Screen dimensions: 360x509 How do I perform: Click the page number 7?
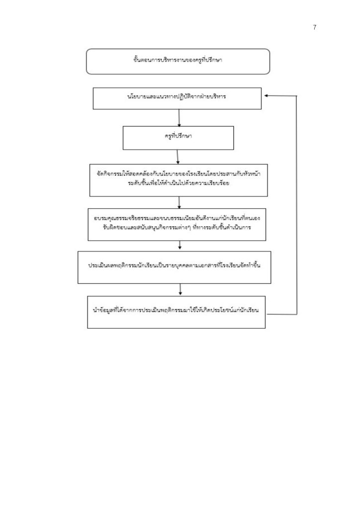(x=315, y=27)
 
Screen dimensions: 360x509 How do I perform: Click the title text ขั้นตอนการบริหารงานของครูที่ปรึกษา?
(x=178, y=60)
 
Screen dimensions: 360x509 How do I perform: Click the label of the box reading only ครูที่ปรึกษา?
(x=178, y=136)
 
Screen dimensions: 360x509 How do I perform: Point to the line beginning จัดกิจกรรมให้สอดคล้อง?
(x=179, y=173)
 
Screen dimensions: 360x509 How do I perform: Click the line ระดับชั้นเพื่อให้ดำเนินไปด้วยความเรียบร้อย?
(x=179, y=183)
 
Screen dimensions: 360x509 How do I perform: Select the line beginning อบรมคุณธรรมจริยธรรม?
(x=177, y=218)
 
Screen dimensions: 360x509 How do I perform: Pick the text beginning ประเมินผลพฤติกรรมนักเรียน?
(x=175, y=265)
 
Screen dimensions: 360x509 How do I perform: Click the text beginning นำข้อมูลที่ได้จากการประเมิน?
(x=176, y=310)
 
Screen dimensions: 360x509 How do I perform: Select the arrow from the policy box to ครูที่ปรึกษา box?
(x=179, y=117)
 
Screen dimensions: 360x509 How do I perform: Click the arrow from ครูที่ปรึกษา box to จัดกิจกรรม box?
(x=178, y=157)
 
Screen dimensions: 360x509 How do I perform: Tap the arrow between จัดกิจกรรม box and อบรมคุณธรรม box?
(x=179, y=202)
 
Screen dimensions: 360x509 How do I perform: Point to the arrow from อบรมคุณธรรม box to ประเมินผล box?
(x=180, y=245)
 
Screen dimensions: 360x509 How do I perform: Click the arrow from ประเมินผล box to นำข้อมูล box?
(x=180, y=289)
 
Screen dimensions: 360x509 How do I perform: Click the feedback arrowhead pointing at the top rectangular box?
(x=266, y=96)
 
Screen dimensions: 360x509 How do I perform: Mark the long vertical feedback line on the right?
(x=296, y=205)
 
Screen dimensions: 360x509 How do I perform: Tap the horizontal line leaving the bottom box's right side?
(x=281, y=314)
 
